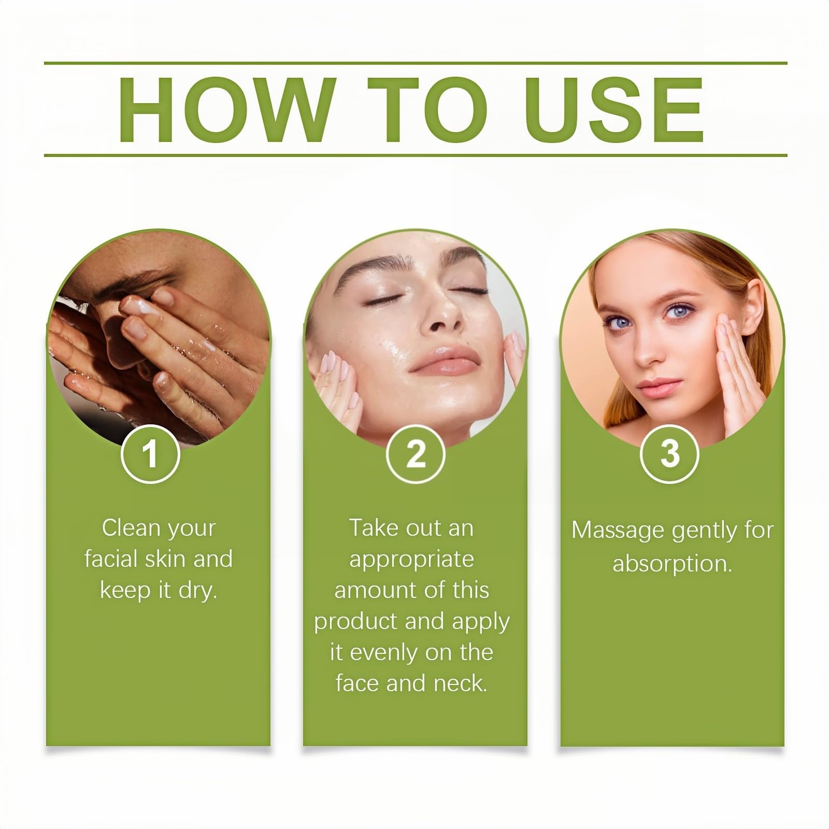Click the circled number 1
click(x=150, y=454)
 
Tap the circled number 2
click(x=416, y=454)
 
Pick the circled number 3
click(x=669, y=454)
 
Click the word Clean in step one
click(x=131, y=528)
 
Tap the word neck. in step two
click(x=461, y=683)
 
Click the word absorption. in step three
click(x=672, y=564)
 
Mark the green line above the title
click(x=416, y=63)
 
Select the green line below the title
click(x=416, y=155)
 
